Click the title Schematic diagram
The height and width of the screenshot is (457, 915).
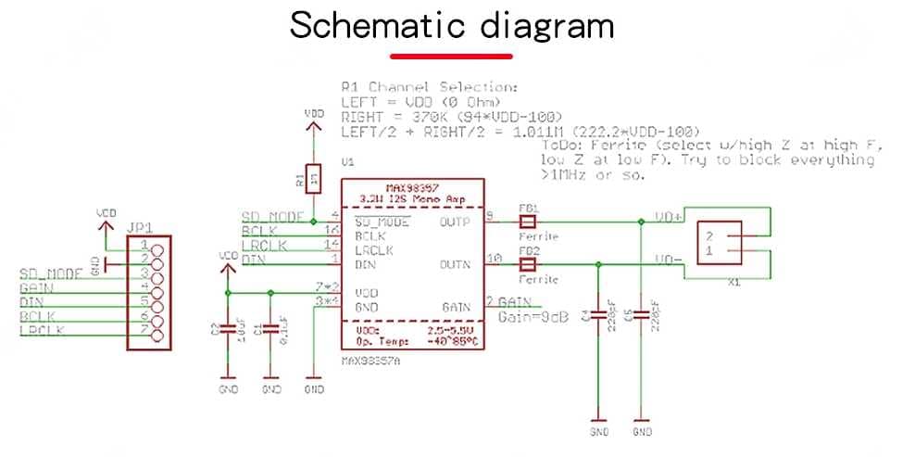click(x=452, y=25)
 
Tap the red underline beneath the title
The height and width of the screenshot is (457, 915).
click(x=451, y=57)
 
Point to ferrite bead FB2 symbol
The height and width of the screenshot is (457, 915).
click(x=528, y=264)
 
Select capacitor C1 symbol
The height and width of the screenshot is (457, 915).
click(x=269, y=328)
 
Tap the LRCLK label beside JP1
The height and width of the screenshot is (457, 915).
click(x=41, y=330)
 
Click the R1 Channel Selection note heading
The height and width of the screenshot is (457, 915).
click(x=428, y=85)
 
